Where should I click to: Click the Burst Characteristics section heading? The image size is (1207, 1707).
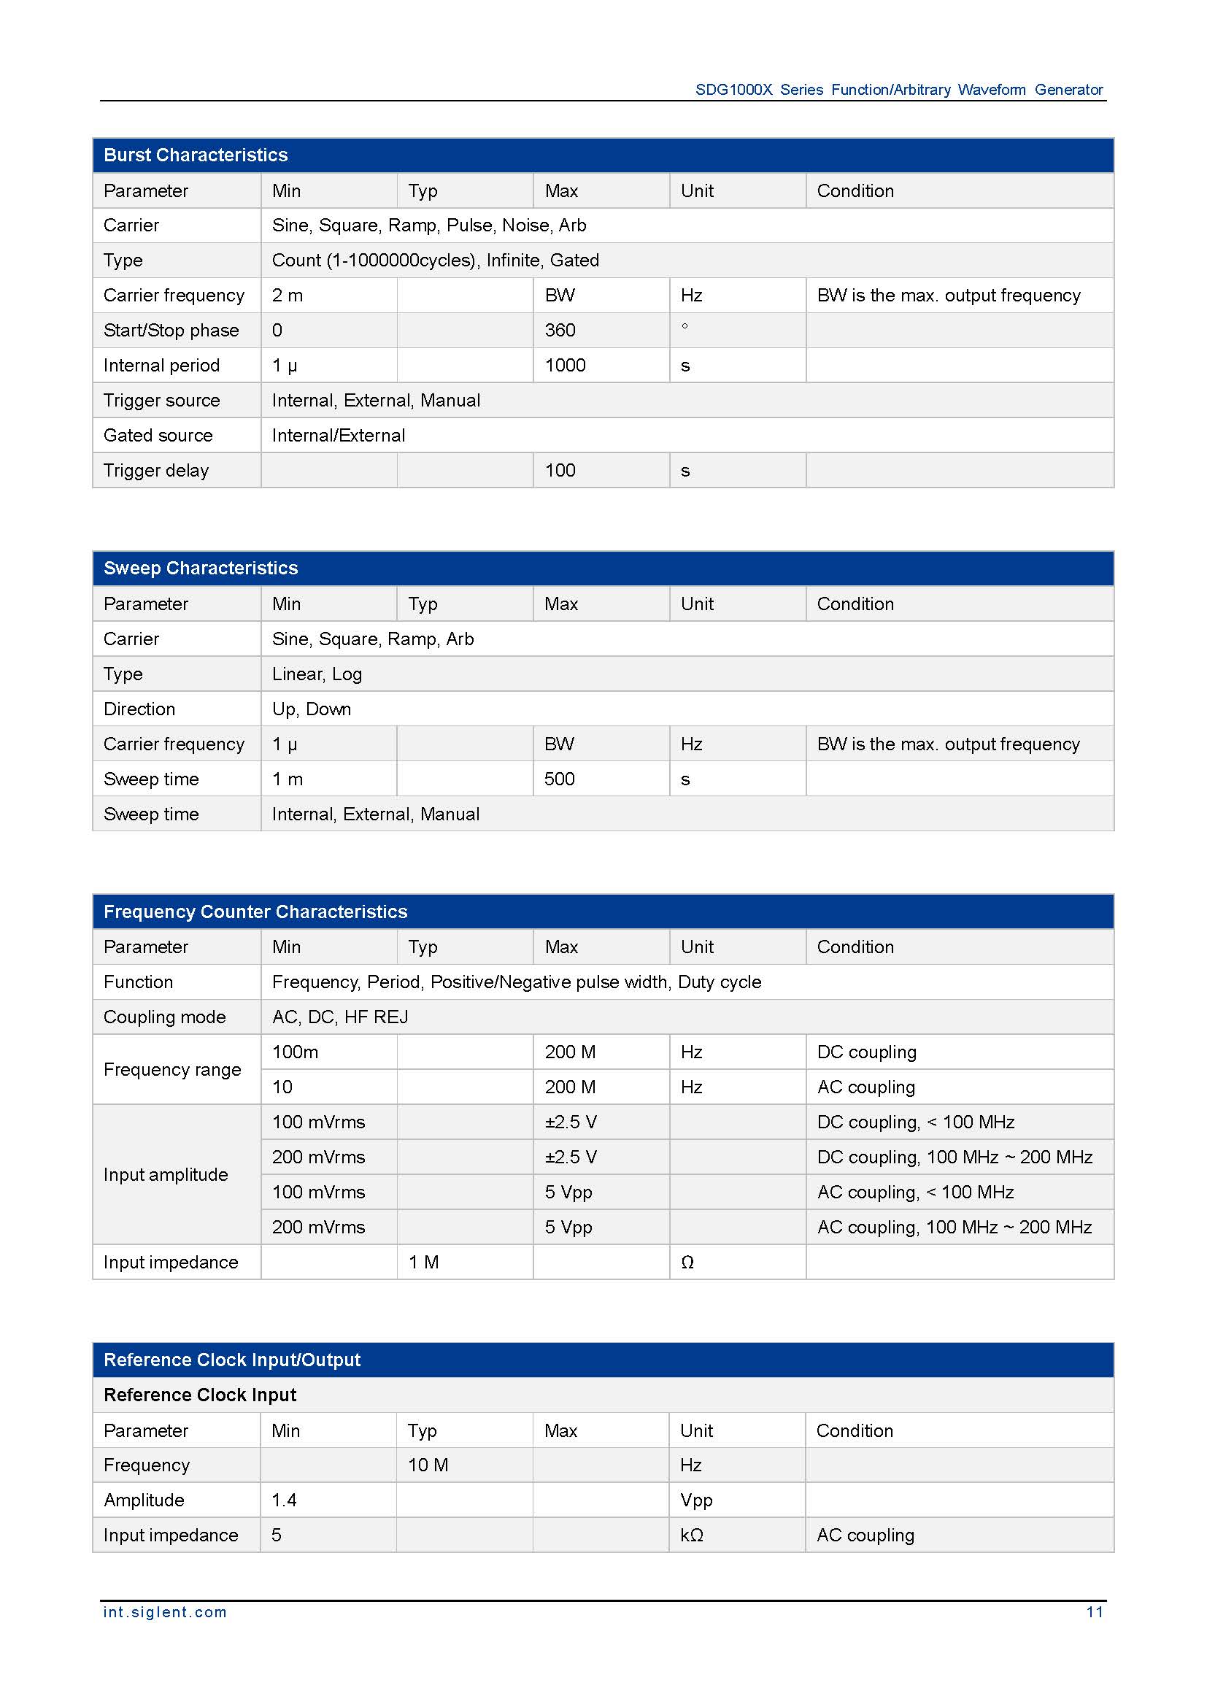click(196, 155)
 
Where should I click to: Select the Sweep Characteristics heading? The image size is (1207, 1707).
click(201, 569)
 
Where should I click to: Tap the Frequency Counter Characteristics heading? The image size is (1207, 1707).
click(255, 912)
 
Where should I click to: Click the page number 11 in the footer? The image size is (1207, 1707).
click(1094, 1612)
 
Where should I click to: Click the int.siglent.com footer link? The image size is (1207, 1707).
click(165, 1612)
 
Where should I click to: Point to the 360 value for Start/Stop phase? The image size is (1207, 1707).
click(560, 331)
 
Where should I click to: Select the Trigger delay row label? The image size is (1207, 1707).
click(156, 471)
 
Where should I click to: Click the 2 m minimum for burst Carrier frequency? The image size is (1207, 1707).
click(287, 296)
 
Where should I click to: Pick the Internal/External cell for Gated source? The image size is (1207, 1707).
click(338, 436)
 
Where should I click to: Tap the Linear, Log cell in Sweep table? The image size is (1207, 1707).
click(317, 674)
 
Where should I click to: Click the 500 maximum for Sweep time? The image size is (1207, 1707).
click(559, 779)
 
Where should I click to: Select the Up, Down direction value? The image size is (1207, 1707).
click(312, 709)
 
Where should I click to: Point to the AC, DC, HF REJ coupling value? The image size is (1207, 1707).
click(339, 1017)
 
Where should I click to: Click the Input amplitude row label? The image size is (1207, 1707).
click(166, 1175)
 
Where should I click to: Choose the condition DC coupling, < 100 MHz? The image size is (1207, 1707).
click(916, 1122)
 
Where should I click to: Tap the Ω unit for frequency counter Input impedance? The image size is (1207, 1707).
click(687, 1263)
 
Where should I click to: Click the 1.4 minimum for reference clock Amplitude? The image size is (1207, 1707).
click(284, 1500)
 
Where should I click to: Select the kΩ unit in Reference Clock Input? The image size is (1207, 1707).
click(691, 1535)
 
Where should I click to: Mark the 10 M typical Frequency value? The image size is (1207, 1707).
click(428, 1465)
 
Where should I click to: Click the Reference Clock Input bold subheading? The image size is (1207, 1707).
click(200, 1395)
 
